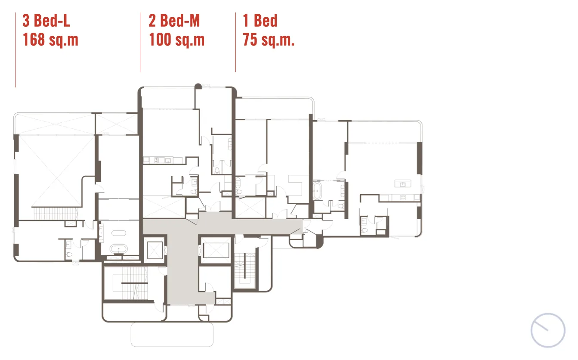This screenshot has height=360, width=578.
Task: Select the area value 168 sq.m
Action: (x=51, y=40)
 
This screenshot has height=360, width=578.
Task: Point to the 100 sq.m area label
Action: (x=177, y=40)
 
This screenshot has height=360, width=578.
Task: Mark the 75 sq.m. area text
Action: (x=269, y=40)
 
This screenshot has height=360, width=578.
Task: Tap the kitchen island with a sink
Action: (x=402, y=183)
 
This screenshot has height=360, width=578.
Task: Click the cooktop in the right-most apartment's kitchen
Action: (x=403, y=198)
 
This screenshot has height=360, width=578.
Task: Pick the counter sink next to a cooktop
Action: (x=168, y=161)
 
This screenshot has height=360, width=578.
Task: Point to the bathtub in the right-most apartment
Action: (x=317, y=191)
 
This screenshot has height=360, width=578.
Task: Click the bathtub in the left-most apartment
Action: (x=119, y=249)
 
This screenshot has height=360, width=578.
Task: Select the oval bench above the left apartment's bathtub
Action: (x=119, y=233)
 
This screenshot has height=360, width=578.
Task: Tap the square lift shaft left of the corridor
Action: (x=155, y=250)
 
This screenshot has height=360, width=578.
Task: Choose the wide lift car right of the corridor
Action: (x=216, y=250)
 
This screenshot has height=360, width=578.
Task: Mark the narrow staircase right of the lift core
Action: (x=244, y=269)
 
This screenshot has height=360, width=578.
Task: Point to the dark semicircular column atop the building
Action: (x=198, y=86)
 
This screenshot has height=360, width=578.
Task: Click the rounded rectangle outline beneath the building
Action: (x=172, y=335)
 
